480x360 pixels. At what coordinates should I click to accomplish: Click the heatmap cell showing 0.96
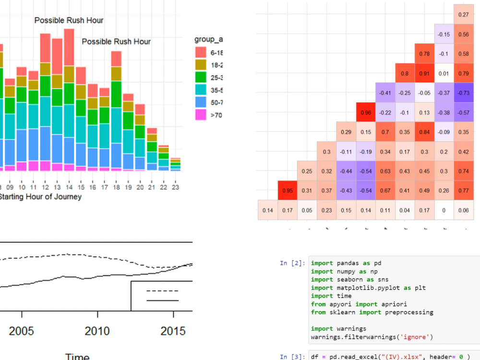(x=366, y=112)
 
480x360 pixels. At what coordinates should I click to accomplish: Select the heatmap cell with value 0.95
(x=288, y=191)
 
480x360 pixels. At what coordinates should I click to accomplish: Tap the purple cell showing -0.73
(x=464, y=93)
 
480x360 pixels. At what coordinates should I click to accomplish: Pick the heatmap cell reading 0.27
(x=464, y=15)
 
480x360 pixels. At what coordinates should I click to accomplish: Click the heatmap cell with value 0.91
(x=424, y=73)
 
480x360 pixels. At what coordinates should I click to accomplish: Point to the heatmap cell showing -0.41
(x=385, y=93)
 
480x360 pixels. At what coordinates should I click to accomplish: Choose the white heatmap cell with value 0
(x=444, y=210)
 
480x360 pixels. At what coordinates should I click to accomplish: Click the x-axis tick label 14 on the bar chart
(x=69, y=187)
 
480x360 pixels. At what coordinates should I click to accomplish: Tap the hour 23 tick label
(x=175, y=187)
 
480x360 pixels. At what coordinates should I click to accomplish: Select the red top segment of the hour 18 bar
(x=116, y=59)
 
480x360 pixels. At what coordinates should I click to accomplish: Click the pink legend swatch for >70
(x=200, y=115)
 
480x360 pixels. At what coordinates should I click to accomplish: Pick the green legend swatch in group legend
(x=200, y=77)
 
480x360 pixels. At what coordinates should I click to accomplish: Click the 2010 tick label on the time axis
(x=97, y=331)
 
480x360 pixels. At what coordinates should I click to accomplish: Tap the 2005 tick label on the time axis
(x=22, y=331)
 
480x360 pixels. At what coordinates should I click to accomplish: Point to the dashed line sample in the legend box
(x=162, y=291)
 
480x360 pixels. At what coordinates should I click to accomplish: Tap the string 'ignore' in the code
(x=416, y=336)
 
